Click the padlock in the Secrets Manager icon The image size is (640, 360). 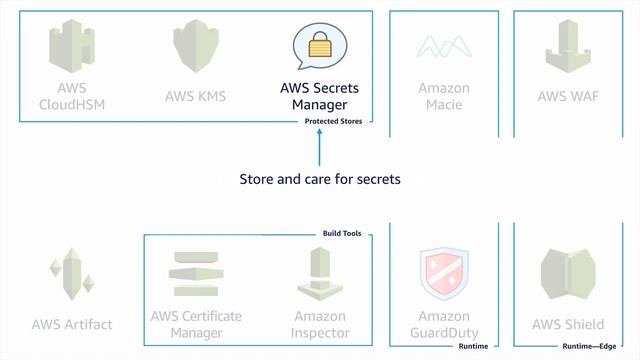(x=319, y=46)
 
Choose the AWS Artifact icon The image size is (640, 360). (x=71, y=275)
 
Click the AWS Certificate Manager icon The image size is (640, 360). (x=196, y=273)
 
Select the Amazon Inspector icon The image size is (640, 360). (x=321, y=273)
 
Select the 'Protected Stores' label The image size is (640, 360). (x=333, y=122)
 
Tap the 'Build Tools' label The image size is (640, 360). (x=341, y=234)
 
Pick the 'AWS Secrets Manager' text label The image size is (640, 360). (x=319, y=96)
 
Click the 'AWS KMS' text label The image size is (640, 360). (x=195, y=97)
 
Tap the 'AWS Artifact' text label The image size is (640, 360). (x=72, y=324)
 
